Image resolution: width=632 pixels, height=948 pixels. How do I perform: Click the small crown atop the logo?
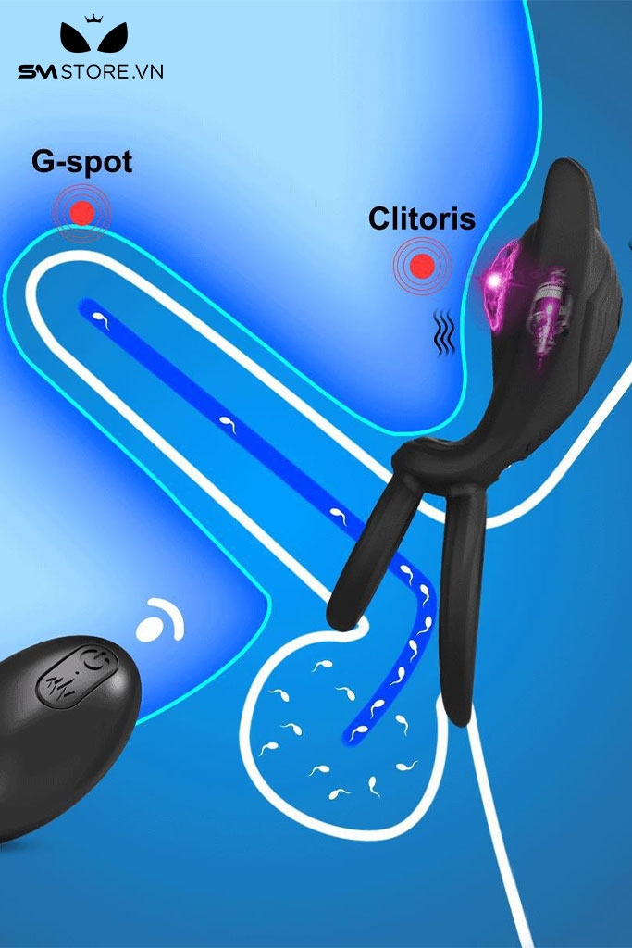pyautogui.click(x=93, y=19)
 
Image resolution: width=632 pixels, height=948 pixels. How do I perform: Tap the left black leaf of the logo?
pyautogui.click(x=76, y=38)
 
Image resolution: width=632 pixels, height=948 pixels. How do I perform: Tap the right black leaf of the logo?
pyautogui.click(x=112, y=38)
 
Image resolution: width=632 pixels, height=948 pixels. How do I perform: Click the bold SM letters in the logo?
pyautogui.click(x=37, y=72)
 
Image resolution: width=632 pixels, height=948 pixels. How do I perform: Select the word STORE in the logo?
pyautogui.click(x=95, y=72)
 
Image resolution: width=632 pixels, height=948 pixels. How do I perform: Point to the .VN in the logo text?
pyautogui.click(x=148, y=72)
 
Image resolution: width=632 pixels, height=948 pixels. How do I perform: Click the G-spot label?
pyautogui.click(x=82, y=162)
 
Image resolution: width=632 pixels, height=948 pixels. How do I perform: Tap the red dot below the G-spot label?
pyautogui.click(x=82, y=213)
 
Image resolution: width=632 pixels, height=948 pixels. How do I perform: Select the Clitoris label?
pyautogui.click(x=422, y=218)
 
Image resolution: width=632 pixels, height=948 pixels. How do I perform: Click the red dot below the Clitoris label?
pyautogui.click(x=422, y=265)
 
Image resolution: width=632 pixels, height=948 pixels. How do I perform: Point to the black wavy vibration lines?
pyautogui.click(x=445, y=332)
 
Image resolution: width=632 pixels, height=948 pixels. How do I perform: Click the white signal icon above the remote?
pyautogui.click(x=160, y=621)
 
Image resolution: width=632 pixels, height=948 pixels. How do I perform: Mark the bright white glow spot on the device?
pyautogui.click(x=495, y=280)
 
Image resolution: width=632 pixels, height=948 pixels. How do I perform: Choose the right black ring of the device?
pyautogui.click(x=463, y=605)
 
